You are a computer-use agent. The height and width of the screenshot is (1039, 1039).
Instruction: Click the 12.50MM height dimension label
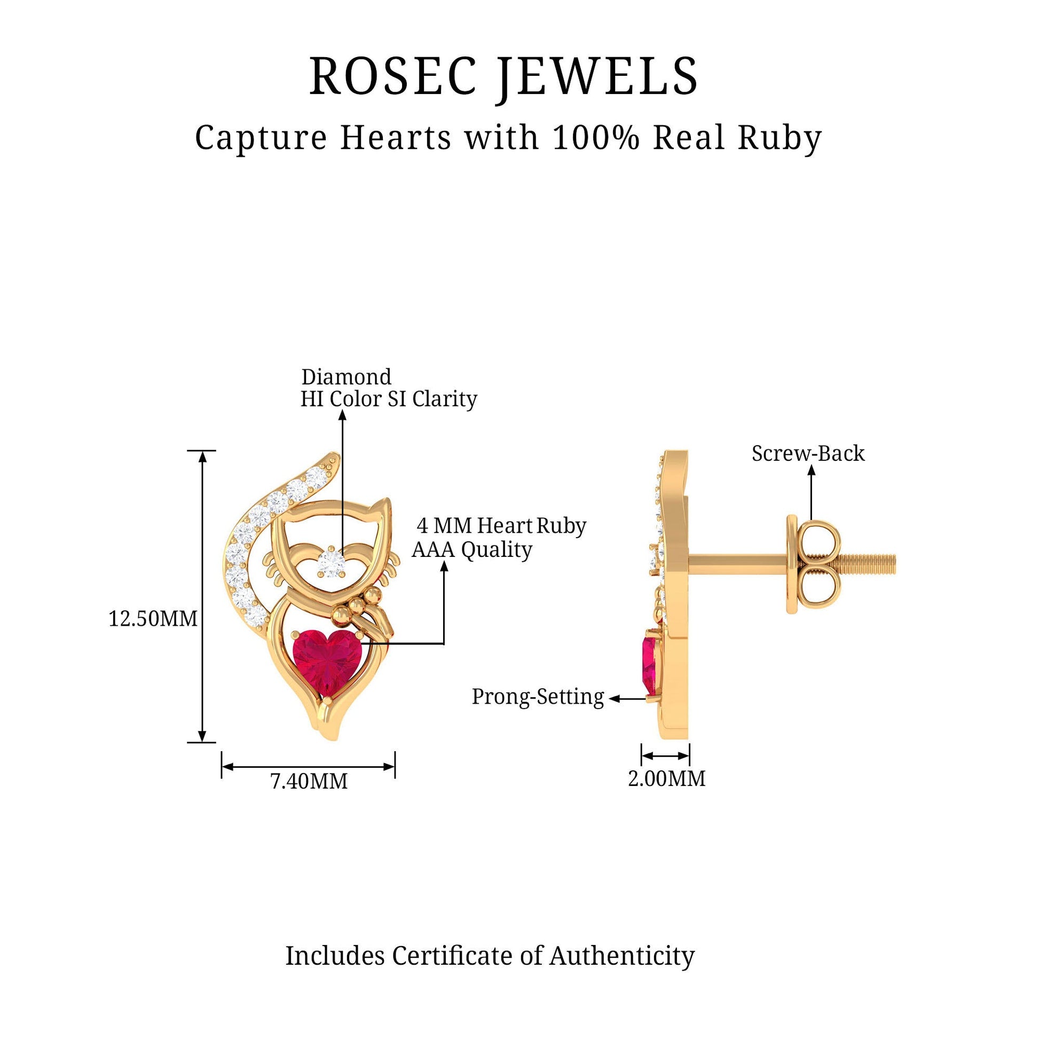(x=153, y=618)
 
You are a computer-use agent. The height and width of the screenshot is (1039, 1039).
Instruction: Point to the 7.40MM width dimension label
(x=309, y=781)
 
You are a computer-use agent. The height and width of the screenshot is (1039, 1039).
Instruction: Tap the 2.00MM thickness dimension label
(x=666, y=778)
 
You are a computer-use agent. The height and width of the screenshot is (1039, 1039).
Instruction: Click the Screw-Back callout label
(x=808, y=453)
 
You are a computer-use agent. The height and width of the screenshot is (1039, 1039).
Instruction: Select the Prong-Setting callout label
(x=538, y=697)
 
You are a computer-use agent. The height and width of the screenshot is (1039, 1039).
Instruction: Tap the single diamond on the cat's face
(x=328, y=562)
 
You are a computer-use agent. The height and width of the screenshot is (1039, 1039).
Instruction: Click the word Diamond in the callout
(x=347, y=377)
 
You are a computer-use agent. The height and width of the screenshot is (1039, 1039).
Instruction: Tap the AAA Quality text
(x=472, y=550)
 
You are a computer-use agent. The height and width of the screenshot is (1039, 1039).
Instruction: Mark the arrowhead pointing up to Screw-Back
(x=812, y=470)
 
